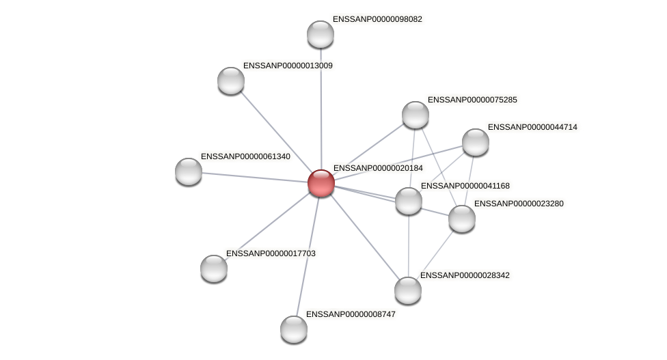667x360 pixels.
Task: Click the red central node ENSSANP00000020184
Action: tap(321, 183)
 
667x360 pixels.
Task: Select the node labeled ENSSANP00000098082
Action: tap(320, 34)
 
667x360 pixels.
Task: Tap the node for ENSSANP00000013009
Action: tap(231, 81)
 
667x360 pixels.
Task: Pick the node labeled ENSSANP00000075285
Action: tap(415, 115)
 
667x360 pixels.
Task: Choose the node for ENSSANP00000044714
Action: tap(475, 142)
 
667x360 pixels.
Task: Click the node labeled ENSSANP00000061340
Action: tap(189, 171)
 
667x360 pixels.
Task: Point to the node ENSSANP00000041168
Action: tap(409, 201)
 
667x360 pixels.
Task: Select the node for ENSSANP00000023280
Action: tap(461, 219)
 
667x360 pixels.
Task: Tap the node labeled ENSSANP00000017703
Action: tap(214, 268)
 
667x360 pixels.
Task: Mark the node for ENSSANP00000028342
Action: tap(408, 290)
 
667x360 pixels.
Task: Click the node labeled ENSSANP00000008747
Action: tap(294, 329)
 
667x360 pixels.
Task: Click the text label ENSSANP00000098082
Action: tap(377, 19)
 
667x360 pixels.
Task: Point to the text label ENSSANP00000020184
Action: tap(378, 168)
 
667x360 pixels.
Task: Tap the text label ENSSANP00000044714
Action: tap(532, 127)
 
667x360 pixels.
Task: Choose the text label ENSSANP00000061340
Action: tap(245, 156)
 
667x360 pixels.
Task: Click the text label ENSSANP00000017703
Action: tap(271, 253)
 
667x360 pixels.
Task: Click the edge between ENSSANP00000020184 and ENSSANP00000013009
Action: tap(276, 132)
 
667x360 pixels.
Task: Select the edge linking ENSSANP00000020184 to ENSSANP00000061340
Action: tap(254, 177)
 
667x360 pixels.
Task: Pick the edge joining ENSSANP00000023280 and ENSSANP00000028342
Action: tap(435, 254)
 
